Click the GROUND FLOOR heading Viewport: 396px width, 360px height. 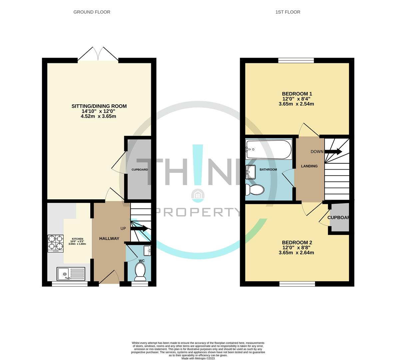[x=92, y=12]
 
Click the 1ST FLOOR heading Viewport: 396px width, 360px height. [x=288, y=12]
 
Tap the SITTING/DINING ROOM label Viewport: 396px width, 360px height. [x=99, y=106]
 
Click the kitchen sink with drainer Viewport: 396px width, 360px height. [x=71, y=274]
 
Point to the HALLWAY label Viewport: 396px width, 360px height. [x=109, y=239]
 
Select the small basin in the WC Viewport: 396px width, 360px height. [x=147, y=250]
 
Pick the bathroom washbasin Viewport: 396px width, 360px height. [x=250, y=172]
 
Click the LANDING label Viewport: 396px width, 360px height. [x=309, y=166]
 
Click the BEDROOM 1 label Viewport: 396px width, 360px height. [x=297, y=94]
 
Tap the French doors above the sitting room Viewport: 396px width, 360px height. [x=98, y=54]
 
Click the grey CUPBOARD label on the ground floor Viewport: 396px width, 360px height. [x=140, y=170]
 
